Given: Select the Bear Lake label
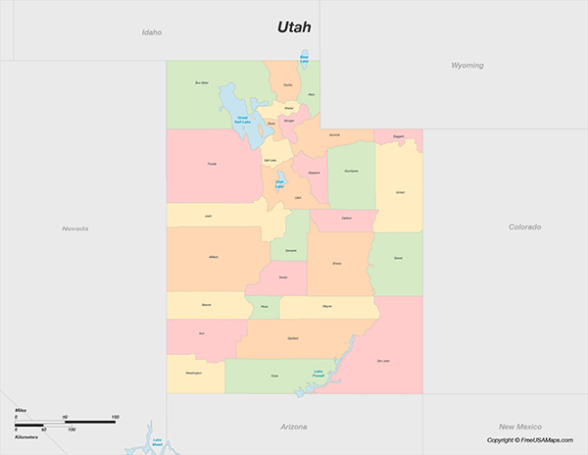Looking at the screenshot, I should click(x=304, y=60).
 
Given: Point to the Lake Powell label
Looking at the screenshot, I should click(x=318, y=373).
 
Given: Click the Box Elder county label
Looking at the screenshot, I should click(x=202, y=83).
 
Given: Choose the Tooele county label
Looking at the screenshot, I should click(x=212, y=164).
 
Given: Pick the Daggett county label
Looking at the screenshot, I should click(x=398, y=137).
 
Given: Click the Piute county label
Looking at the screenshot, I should click(x=262, y=308).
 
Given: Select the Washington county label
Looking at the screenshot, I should click(x=192, y=373).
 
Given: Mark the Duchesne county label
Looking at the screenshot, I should click(x=351, y=172).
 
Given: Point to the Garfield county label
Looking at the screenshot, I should click(x=293, y=338).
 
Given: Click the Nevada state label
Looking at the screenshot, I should click(x=75, y=228).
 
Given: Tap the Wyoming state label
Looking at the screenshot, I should click(x=466, y=65).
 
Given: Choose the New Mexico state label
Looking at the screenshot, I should click(x=519, y=427).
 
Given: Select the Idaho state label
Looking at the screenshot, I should click(x=151, y=32).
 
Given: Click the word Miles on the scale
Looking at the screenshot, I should click(x=21, y=411).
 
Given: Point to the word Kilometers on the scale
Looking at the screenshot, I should click(x=25, y=436).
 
